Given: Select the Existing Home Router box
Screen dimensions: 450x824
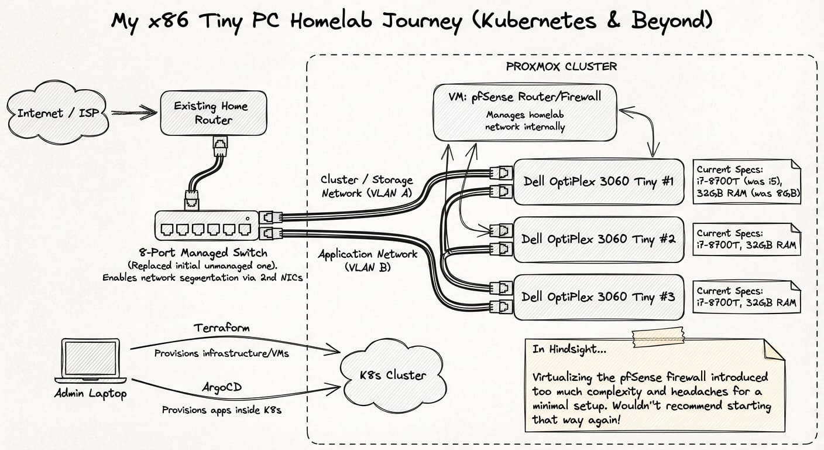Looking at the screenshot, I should point(213,113).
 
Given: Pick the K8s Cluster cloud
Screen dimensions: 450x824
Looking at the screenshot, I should point(393,375).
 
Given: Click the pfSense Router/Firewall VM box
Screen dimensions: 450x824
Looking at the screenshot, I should point(525,111).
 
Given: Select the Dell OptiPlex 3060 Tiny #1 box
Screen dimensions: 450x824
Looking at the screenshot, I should point(598,182).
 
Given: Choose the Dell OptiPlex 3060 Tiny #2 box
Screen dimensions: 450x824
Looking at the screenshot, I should point(598,239).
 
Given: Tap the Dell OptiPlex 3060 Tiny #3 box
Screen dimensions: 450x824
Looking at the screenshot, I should point(598,296).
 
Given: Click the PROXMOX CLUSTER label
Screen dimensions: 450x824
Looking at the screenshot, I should point(561,66).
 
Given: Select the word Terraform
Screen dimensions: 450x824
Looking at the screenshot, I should point(221,328).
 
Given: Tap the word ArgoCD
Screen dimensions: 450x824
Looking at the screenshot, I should point(222,387).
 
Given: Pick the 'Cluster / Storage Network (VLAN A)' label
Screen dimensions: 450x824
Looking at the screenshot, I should point(366,186).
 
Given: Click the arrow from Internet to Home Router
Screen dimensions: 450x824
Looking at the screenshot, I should point(135,112).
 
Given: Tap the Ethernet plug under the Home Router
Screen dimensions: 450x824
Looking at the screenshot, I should point(221,146).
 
